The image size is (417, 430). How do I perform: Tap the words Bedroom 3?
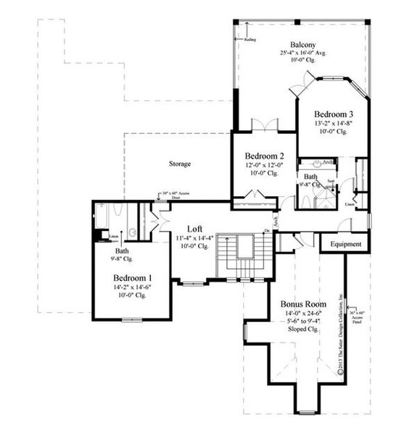tap(334, 114)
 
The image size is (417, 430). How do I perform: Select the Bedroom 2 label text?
tap(264, 156)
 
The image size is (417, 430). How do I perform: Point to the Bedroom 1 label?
tap(132, 277)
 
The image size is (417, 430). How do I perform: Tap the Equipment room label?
tap(345, 244)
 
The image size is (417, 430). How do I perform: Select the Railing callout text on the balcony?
tap(250, 42)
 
